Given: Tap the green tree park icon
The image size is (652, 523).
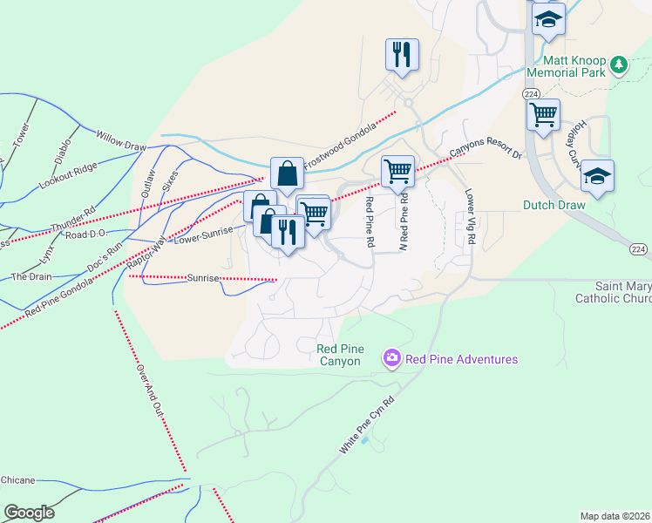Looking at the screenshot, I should point(619,64).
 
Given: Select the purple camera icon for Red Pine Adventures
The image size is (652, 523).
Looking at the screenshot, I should point(391,358).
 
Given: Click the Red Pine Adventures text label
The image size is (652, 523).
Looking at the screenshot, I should point(462,359).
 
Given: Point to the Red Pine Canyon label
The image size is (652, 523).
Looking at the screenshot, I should point(339,355).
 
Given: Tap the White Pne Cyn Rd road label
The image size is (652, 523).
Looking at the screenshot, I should point(366,425).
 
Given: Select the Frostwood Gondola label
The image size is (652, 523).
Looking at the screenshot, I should point(340,139).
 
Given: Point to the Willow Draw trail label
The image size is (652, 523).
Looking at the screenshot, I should point(121,138).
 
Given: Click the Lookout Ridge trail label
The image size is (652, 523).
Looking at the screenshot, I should point(68,176).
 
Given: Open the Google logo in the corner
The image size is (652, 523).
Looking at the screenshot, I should point(29,513).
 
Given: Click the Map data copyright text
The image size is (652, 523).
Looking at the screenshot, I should point(615,516).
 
